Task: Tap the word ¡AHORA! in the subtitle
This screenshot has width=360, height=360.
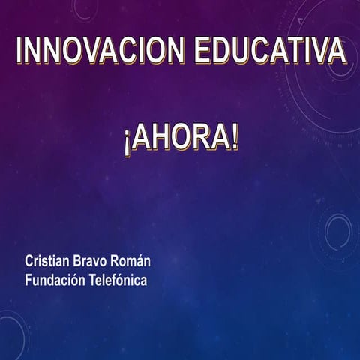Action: [x=181, y=139]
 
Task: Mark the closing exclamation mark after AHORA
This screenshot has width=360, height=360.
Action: [x=234, y=139]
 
